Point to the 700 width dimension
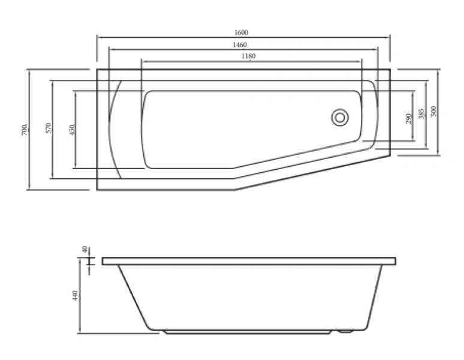tap(25, 129)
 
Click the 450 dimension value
tap(71, 130)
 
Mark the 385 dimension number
tap(421, 113)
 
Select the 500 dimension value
tap(434, 111)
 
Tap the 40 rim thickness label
tap(85, 249)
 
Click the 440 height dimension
tap(76, 296)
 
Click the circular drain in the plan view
tap(339, 117)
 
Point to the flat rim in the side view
tap(249, 261)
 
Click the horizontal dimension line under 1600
tap(180, 37)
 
